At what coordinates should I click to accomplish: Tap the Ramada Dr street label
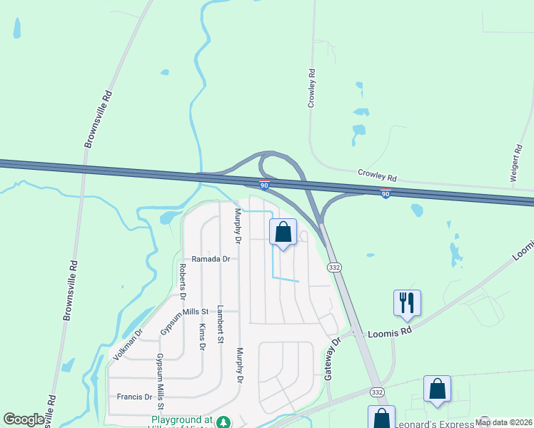[x=211, y=260]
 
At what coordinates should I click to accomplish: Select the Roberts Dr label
[x=183, y=280]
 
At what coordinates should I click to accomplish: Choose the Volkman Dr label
[x=129, y=344]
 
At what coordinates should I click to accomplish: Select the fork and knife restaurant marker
[x=407, y=302]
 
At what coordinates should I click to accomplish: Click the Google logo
[x=24, y=419]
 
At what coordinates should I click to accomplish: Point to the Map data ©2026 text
[x=503, y=422]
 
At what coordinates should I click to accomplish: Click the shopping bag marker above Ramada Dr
[x=283, y=232]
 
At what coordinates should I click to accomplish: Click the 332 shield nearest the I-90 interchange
[x=333, y=267]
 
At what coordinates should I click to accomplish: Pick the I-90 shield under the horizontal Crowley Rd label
[x=386, y=194]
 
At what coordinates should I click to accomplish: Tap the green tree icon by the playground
[x=224, y=422]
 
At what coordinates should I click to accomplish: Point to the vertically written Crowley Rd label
[x=311, y=88]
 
